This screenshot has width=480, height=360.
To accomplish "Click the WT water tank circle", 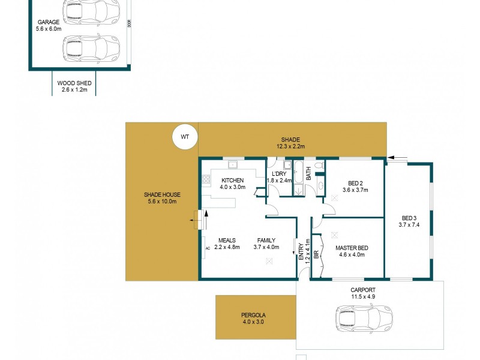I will [x=184, y=137].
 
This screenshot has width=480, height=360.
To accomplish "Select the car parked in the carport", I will [x=363, y=316].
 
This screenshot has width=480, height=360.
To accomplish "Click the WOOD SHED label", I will [x=74, y=83].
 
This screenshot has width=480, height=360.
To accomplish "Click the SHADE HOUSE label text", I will [x=162, y=195].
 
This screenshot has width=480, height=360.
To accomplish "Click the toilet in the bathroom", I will [x=319, y=164].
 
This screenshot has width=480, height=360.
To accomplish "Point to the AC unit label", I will [x=208, y=247].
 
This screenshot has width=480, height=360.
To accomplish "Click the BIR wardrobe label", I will [x=316, y=254].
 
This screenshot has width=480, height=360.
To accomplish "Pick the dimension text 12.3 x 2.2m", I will [x=290, y=146].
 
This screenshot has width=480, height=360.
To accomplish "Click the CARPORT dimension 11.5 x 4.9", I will [x=362, y=296].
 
